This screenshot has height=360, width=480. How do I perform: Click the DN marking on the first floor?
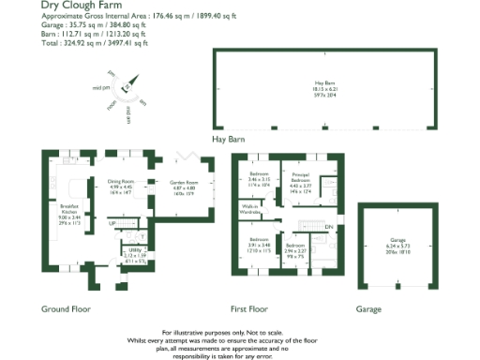click(x=328, y=227)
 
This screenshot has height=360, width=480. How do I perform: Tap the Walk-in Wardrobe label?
click(x=250, y=209)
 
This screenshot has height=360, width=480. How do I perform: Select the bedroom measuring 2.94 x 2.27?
click(x=296, y=248)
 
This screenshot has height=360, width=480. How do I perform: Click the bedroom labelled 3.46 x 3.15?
click(x=260, y=178)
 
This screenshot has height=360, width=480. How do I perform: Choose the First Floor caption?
click(x=249, y=307)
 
